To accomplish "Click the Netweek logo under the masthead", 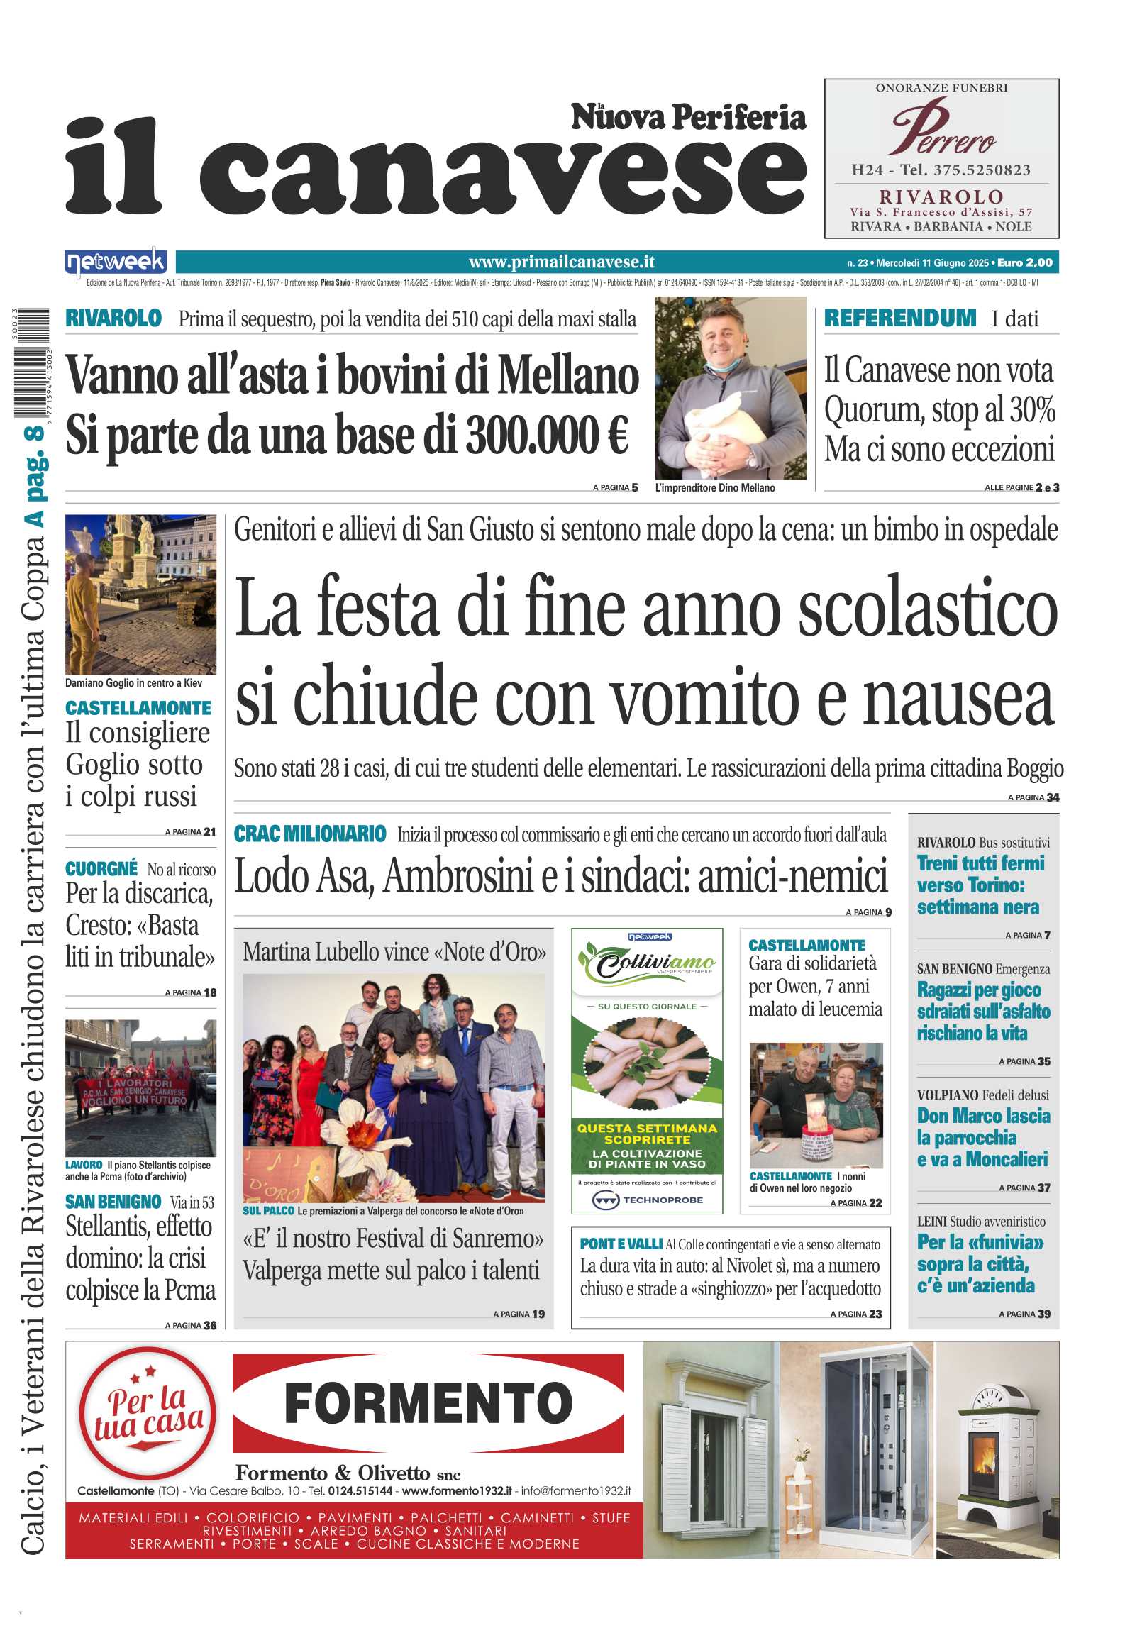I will coord(116,262).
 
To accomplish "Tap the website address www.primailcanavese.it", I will coord(561,262).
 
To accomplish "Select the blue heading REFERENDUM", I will coord(899,319).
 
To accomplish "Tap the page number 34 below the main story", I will coord(1053,797).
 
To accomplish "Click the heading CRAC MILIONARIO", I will coord(310,834).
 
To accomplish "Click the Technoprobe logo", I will coord(647,1200).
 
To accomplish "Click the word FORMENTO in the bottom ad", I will coord(428,1403).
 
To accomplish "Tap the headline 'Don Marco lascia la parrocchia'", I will coord(982,1137).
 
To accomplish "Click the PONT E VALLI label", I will coord(621,1244).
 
